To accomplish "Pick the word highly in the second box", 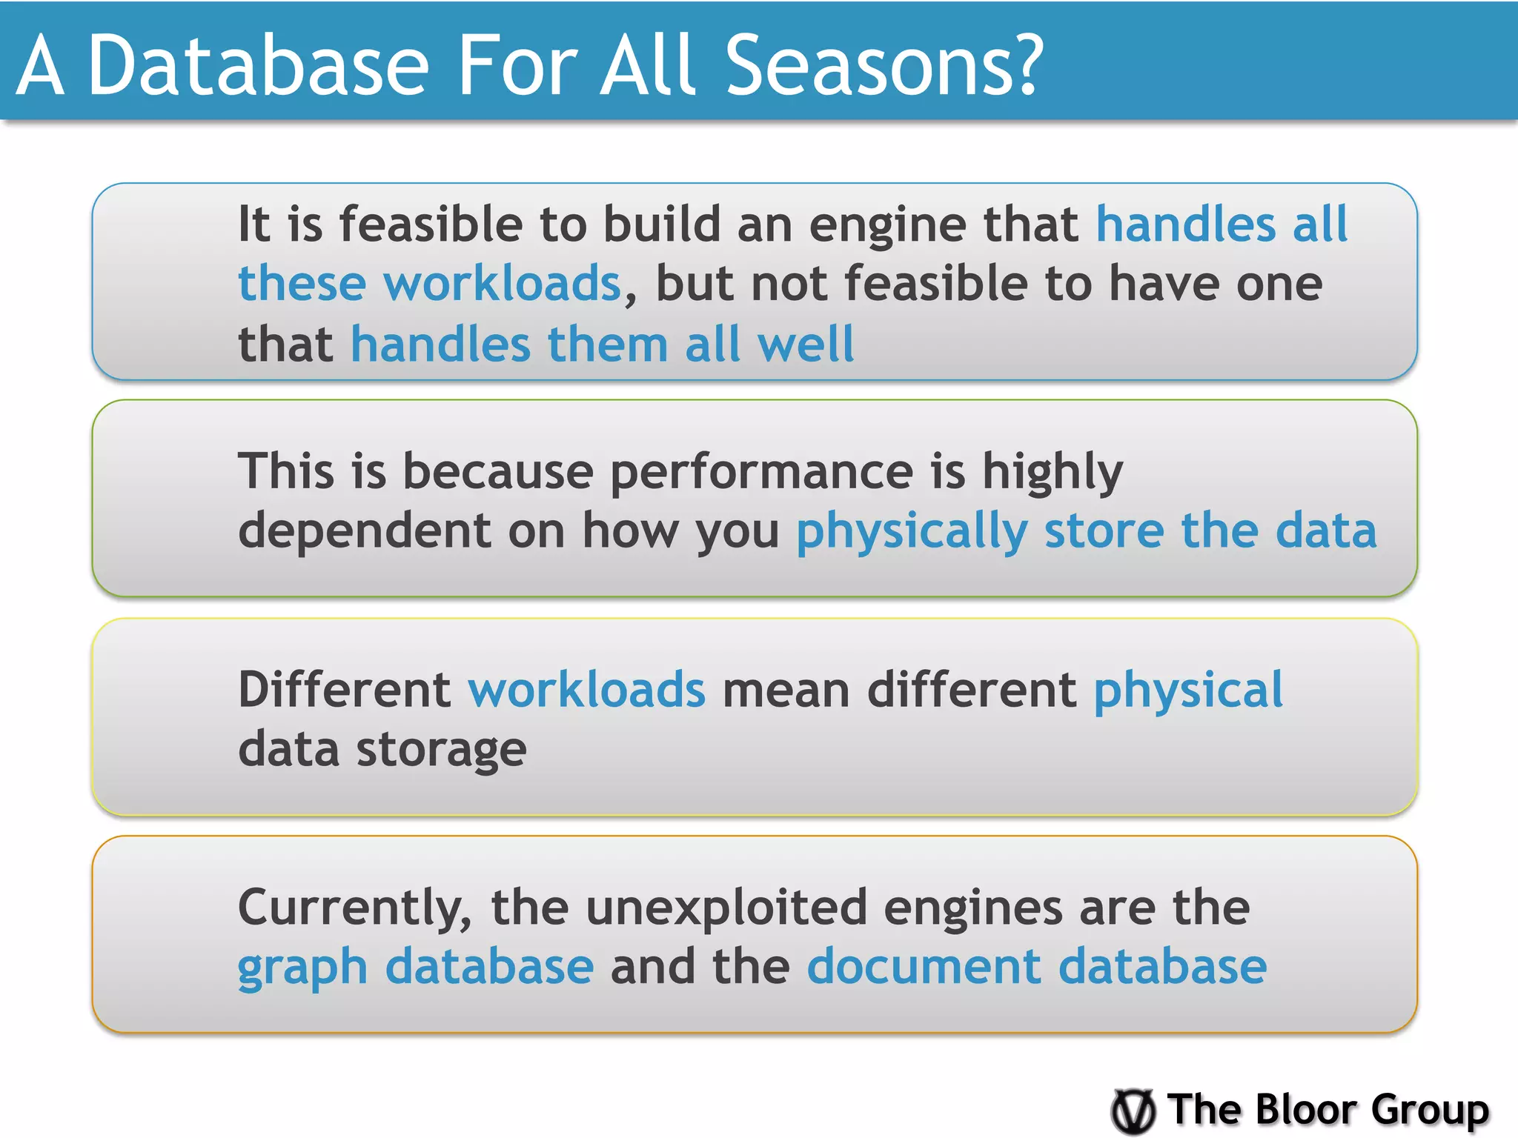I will [1053, 473].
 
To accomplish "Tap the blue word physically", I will [912, 532].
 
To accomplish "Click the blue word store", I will [1104, 532].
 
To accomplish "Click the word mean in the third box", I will [786, 690].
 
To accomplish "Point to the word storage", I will [442, 750].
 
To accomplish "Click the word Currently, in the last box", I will [355, 908].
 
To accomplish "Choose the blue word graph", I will [302, 968].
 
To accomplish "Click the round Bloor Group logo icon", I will [1133, 1111].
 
